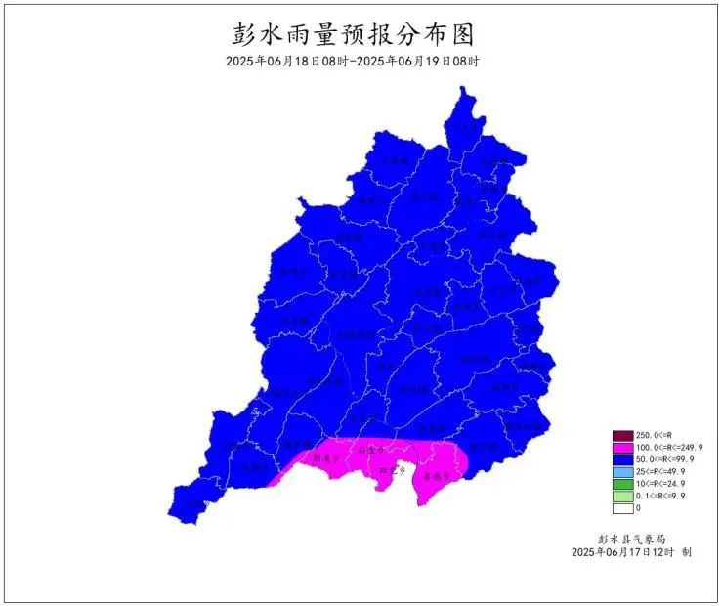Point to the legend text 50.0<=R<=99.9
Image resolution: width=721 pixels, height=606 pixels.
(x=662, y=459)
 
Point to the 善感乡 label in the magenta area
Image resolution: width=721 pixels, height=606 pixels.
(x=436, y=479)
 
